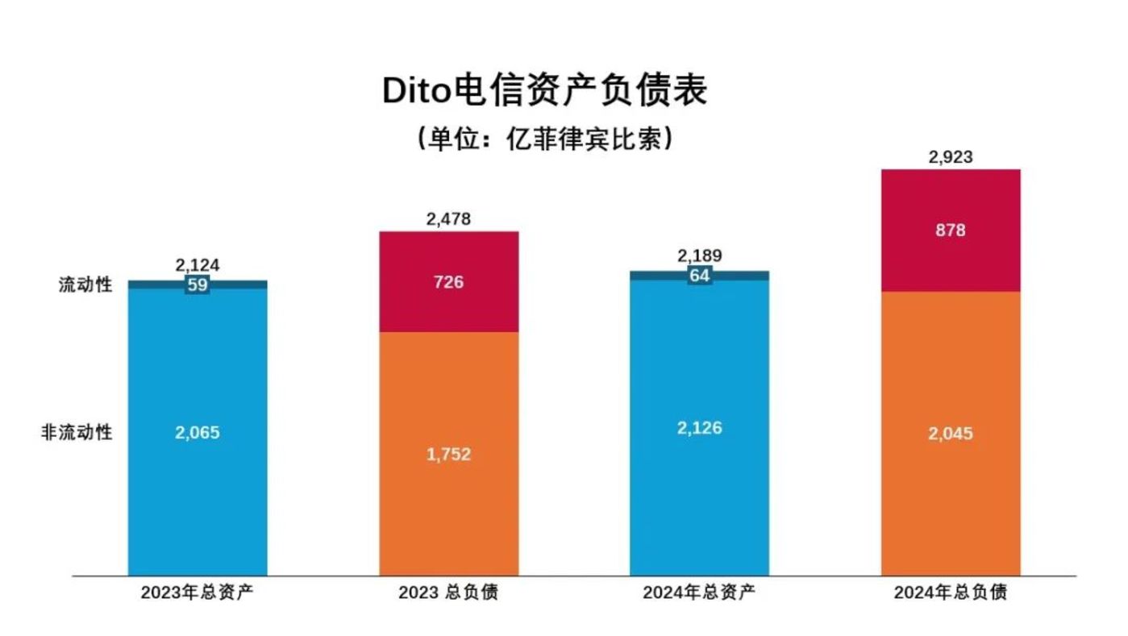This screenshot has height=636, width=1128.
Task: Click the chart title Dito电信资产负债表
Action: pyautogui.click(x=544, y=91)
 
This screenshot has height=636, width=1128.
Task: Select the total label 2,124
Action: pyautogui.click(x=198, y=265)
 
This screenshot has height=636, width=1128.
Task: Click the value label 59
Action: pyautogui.click(x=198, y=285)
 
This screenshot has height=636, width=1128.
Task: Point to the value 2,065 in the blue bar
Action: pyautogui.click(x=198, y=433)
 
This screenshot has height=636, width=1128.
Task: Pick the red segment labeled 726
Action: pyautogui.click(x=448, y=282)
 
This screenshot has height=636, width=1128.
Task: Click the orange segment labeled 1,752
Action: pyautogui.click(x=448, y=455)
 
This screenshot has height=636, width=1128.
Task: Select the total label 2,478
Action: pyautogui.click(x=448, y=218)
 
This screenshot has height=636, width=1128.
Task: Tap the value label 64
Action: pyautogui.click(x=700, y=276)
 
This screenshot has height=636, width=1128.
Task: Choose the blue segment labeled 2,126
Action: pyautogui.click(x=700, y=428)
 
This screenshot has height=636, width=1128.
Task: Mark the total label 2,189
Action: pyautogui.click(x=700, y=256)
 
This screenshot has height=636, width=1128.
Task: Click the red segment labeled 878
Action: pyautogui.click(x=951, y=231)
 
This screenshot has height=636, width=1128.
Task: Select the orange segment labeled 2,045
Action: pyautogui.click(x=951, y=434)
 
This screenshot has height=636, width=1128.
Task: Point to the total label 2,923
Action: pyautogui.click(x=951, y=157)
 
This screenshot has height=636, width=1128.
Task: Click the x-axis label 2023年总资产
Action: pyautogui.click(x=198, y=593)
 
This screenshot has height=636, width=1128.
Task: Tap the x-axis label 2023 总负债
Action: pyautogui.click(x=448, y=593)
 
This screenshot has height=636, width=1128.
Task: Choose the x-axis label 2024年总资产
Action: pyautogui.click(x=700, y=593)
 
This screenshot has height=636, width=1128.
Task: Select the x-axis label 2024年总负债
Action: pyautogui.click(x=951, y=593)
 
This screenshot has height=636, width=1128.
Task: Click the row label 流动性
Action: pyautogui.click(x=85, y=285)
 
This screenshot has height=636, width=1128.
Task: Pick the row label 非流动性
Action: pyautogui.click(x=77, y=433)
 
